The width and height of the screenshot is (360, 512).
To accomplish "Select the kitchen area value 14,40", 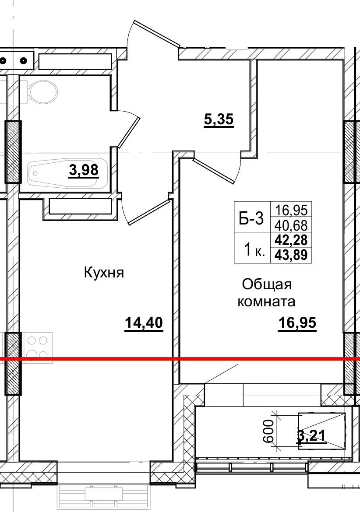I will point(144,323).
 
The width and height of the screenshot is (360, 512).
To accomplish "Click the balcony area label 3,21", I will point(312,436).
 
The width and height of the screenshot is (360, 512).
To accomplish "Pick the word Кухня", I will point(104,273).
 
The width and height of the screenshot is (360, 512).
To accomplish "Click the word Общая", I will point(267,285).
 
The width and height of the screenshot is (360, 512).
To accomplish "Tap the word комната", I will point(266,302).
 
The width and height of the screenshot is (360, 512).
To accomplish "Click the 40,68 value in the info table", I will point(291,225).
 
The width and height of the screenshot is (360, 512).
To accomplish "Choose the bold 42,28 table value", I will point(291,240).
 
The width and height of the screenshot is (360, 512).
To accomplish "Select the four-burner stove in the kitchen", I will point(38,347).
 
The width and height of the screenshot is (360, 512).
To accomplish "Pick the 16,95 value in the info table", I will point(291,210).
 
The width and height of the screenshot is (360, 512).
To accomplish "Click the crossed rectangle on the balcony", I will point(322,430).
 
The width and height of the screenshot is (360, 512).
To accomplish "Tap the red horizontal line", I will point(175,359).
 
